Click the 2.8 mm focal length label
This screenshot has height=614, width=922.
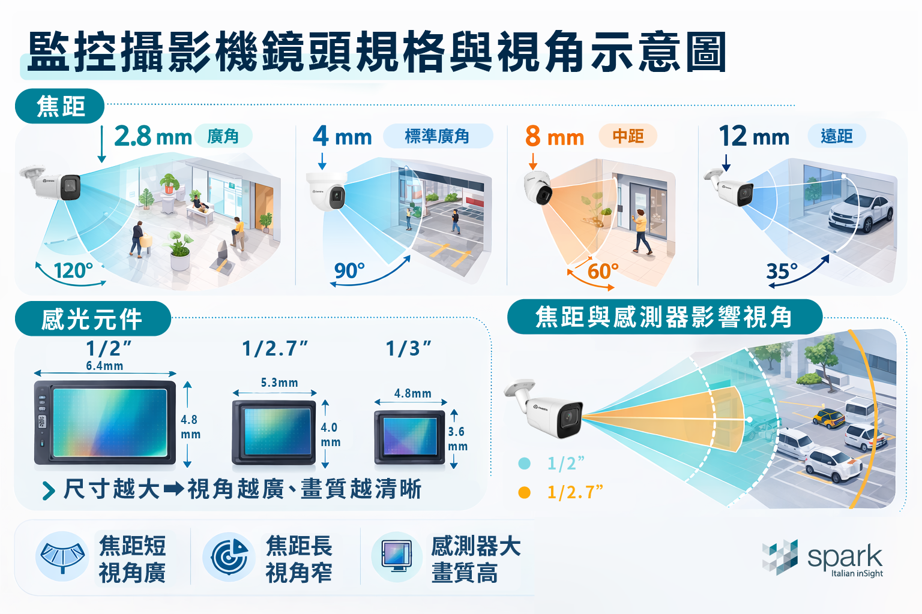pyautogui.click(x=152, y=137)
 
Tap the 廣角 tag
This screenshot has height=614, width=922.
pyautogui.click(x=223, y=137)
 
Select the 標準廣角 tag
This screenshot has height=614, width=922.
pyautogui.click(x=437, y=137)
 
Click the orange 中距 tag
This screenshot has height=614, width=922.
pyautogui.click(x=628, y=136)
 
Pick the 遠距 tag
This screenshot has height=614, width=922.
pyautogui.click(x=837, y=136)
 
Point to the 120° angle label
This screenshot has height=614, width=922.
pyautogui.click(x=73, y=271)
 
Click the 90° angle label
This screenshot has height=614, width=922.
pyautogui.click(x=349, y=271)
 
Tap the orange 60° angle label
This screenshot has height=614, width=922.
pyautogui.click(x=603, y=272)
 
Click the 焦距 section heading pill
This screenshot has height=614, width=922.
pyautogui.click(x=60, y=107)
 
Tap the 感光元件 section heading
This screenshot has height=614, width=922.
pyautogui.click(x=92, y=319)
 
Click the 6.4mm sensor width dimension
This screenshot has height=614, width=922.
pyautogui.click(x=104, y=366)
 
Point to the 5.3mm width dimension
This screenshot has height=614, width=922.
pyautogui.click(x=279, y=383)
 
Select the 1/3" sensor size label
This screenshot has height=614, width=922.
pyautogui.click(x=408, y=348)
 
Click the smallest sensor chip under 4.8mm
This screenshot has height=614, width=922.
pyautogui.click(x=410, y=437)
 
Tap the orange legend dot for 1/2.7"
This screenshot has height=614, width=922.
pyautogui.click(x=524, y=492)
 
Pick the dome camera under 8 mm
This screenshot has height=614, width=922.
pyautogui.click(x=538, y=187)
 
